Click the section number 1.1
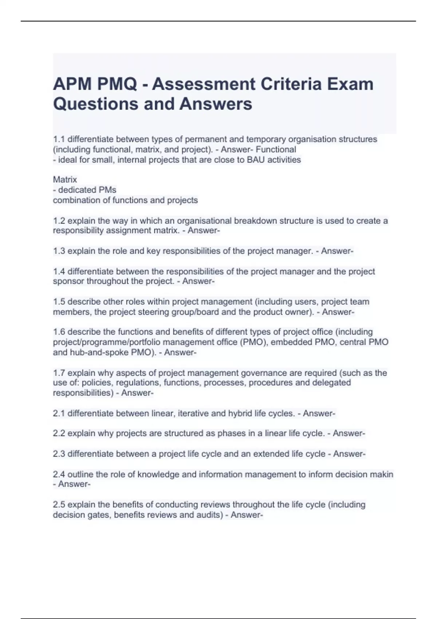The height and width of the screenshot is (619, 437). click(59, 139)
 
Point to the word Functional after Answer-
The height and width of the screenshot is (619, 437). click(276, 149)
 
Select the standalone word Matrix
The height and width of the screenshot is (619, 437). click(65, 180)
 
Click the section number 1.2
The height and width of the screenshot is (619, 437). click(59, 221)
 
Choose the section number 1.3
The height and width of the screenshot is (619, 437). click(59, 251)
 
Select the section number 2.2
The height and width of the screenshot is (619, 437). click(59, 433)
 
